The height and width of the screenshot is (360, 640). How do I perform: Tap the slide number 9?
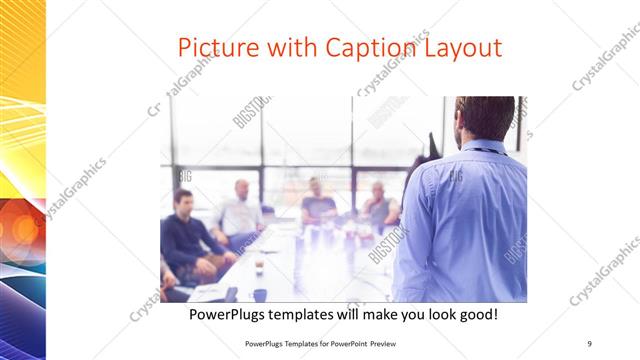590,343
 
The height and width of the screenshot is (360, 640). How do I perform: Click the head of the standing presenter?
484,117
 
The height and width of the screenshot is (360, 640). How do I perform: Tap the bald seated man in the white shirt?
241,211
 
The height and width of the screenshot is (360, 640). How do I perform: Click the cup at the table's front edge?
259,267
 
